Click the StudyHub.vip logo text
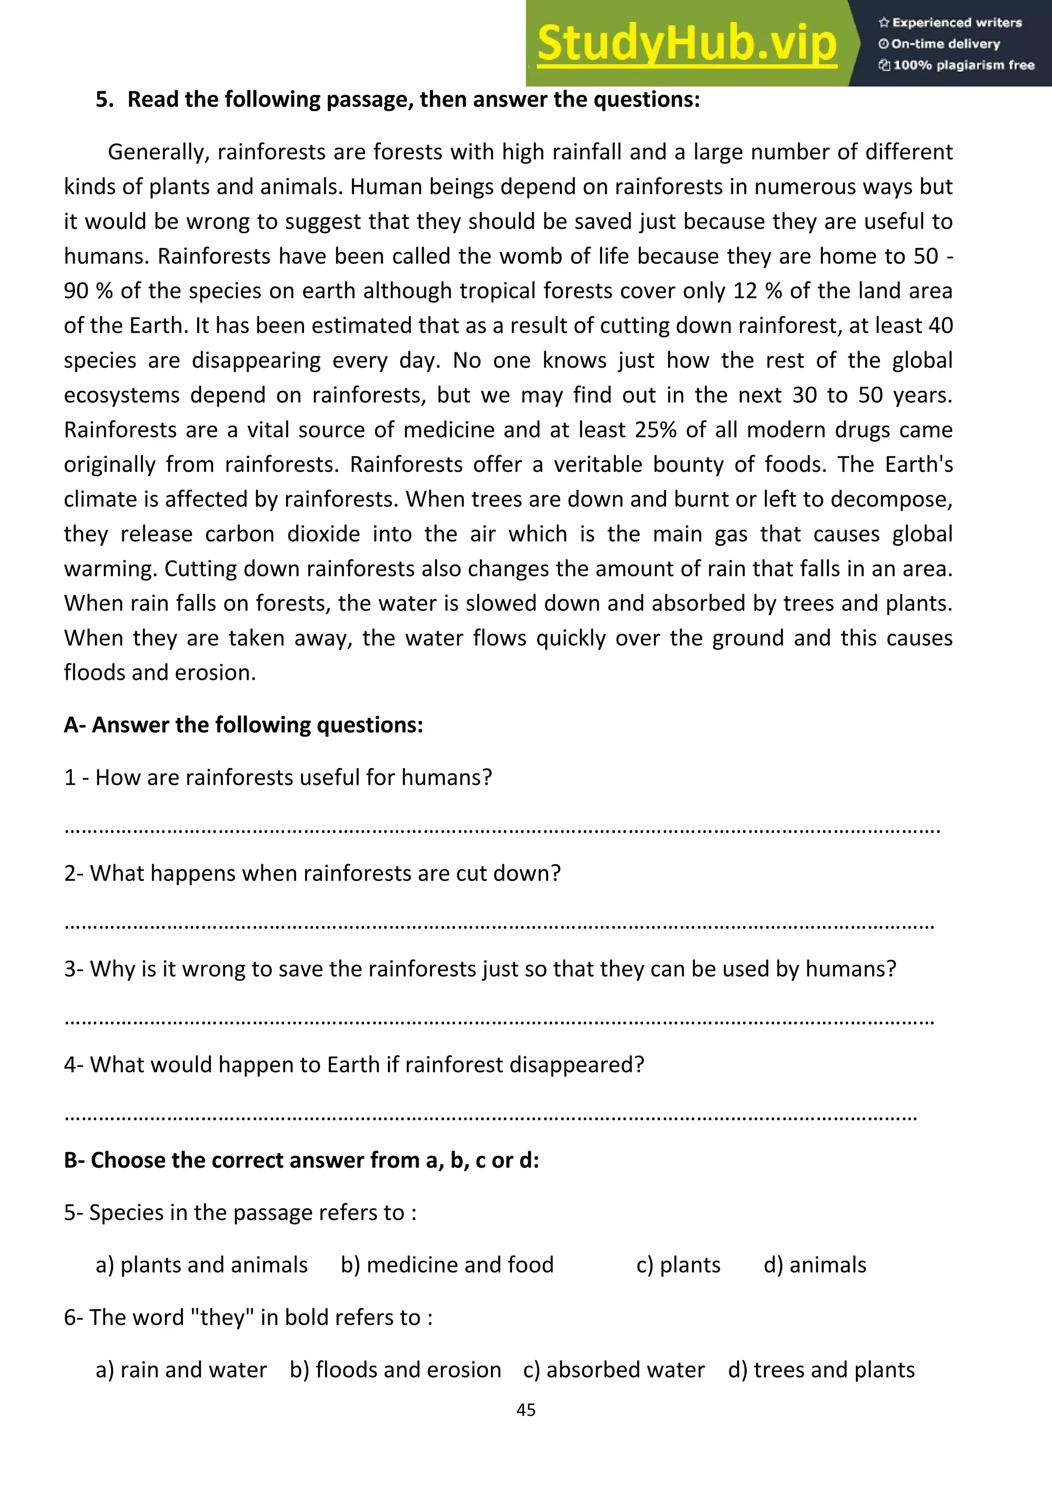click(687, 44)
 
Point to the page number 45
click(525, 1410)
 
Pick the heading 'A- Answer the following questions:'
click(243, 725)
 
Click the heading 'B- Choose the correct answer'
click(301, 1160)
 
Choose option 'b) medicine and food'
click(447, 1265)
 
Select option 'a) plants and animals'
click(201, 1265)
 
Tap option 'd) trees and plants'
click(821, 1370)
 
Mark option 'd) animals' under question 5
click(814, 1265)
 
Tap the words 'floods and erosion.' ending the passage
click(160, 673)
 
